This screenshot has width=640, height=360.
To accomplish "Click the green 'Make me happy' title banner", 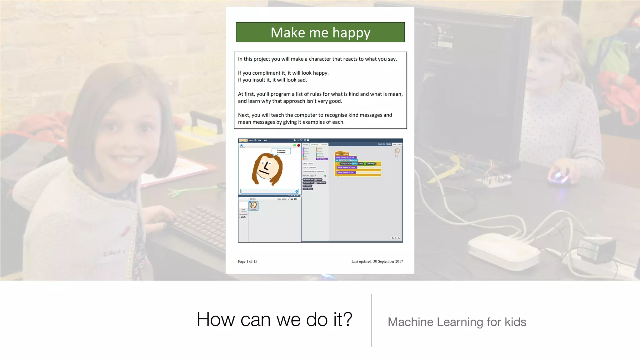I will [x=320, y=32].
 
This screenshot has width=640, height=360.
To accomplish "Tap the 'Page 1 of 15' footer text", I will [x=247, y=261].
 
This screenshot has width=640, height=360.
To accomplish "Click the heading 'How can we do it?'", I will [x=274, y=319].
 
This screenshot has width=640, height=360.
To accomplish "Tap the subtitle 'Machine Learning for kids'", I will [x=457, y=322].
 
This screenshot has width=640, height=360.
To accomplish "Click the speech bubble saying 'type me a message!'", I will [x=281, y=151].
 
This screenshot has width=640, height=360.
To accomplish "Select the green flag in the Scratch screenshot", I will [x=294, y=145].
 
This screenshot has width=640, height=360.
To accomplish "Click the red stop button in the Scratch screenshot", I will [x=298, y=145].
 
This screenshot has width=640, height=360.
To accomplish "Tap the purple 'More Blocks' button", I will [x=322, y=159].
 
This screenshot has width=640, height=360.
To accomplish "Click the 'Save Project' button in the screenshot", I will [x=397, y=144].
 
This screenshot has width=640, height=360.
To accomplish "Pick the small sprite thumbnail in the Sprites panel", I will [x=253, y=206].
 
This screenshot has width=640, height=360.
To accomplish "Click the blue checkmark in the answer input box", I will [x=297, y=191].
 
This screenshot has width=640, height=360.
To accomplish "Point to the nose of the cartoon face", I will [x=267, y=165].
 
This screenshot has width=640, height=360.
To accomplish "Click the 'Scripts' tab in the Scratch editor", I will [x=305, y=144].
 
